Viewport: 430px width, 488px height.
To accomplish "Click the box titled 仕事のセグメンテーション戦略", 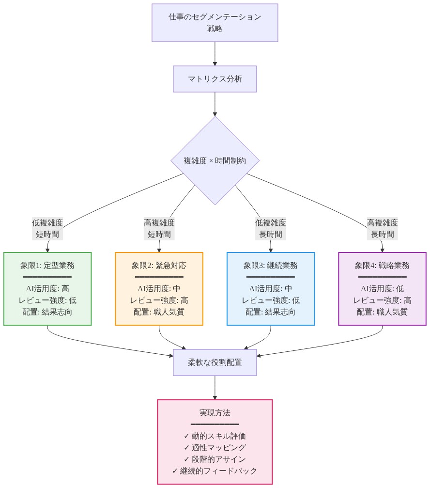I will point(215,23).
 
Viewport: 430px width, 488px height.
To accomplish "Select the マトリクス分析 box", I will point(215,79).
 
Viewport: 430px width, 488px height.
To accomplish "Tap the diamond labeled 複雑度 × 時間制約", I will point(215,161).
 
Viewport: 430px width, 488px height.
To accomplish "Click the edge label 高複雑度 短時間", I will point(159,229).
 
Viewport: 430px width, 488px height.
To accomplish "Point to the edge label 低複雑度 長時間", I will point(271,229).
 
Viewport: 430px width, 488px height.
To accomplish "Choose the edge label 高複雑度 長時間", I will point(383,229).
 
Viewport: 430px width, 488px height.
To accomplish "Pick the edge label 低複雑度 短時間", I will point(47,229).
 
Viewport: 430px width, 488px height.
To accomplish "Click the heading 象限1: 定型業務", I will point(47,265).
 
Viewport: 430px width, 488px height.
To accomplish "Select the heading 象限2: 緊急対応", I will point(159,265).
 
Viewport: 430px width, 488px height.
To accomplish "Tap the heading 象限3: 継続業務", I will point(271,265).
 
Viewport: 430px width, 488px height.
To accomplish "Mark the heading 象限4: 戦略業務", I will point(382,265).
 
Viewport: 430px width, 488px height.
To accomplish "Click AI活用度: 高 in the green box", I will point(47,288).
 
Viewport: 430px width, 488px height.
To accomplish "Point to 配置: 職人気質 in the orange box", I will point(159,312).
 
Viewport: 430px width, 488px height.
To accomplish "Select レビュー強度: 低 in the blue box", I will point(271,300).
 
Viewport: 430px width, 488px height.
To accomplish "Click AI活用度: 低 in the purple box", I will point(382,288).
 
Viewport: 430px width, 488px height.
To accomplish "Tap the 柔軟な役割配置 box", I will point(215,362).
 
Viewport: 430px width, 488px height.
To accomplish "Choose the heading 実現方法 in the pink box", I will point(215,413).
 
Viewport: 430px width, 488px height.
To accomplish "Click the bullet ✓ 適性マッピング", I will point(215,447).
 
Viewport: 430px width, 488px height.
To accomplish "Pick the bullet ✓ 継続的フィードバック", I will point(215,471).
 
